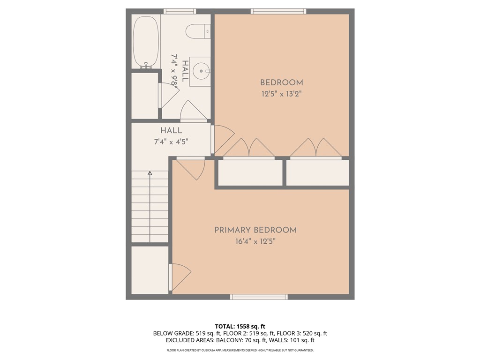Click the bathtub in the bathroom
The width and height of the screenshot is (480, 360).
[146, 41]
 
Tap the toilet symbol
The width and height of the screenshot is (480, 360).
[197, 31]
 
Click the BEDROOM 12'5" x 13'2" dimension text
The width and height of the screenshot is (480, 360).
[281, 94]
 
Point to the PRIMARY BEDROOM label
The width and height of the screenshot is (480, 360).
[255, 230]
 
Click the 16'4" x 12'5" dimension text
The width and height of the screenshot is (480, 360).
[255, 241]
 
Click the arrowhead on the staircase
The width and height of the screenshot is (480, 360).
[150, 173]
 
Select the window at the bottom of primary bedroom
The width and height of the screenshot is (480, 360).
[259, 297]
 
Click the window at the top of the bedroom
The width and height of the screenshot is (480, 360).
[278, 11]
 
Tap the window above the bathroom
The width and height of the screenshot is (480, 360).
[180, 11]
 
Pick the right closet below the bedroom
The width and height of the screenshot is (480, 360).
[317, 173]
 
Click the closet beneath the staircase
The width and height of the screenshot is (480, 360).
[150, 270]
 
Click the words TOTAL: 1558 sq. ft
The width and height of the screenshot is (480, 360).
[240, 326]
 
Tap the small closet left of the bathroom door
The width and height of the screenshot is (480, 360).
[144, 96]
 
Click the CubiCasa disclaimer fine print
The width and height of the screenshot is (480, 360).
[240, 350]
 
